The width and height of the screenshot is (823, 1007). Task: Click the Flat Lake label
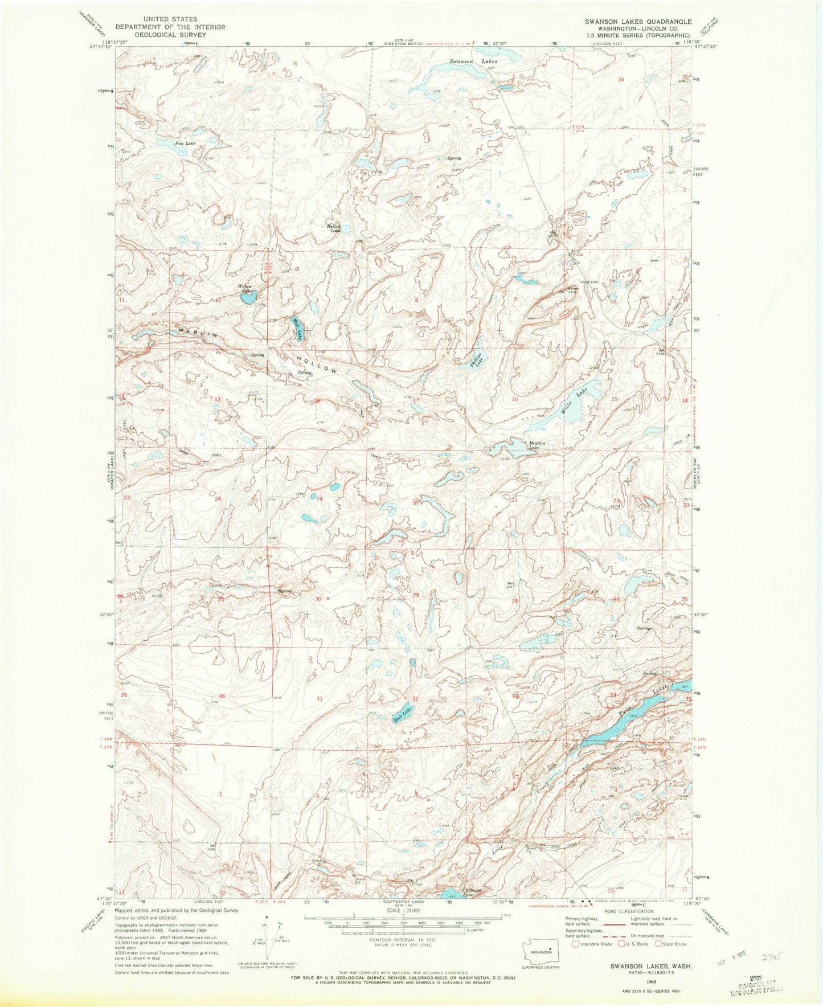[185, 144]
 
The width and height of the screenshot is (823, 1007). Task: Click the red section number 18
[317, 401]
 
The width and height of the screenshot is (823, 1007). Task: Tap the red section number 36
[222, 697]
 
